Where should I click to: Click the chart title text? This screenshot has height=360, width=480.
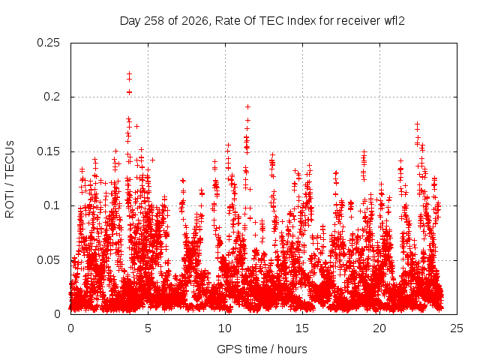coord(262,21)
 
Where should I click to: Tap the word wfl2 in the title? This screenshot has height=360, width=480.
coord(394,21)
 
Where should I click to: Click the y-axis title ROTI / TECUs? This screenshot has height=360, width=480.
coord(10,179)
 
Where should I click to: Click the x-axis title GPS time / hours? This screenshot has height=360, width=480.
coord(262,349)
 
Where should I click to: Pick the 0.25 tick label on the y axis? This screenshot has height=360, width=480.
coord(48,43)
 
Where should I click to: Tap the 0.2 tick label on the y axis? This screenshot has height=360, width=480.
coord(52,97)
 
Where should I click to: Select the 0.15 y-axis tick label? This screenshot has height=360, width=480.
coord(48,151)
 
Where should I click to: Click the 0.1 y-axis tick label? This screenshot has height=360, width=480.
coord(52,205)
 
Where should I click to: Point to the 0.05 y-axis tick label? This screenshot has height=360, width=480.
coord(48,260)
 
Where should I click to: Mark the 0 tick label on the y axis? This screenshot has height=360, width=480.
coord(57,314)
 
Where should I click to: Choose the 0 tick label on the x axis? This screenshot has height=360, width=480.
coord(70,328)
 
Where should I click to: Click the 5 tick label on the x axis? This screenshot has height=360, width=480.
coord(148,328)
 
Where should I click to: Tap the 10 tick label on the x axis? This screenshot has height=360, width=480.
coord(225,328)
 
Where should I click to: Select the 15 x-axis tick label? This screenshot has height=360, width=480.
coord(302,328)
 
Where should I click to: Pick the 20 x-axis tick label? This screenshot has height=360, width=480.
coord(379,328)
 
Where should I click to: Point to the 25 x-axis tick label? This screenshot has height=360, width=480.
coord(457,328)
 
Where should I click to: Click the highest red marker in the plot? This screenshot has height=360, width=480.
coord(129,73)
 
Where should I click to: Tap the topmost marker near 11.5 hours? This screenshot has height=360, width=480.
coord(248,106)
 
